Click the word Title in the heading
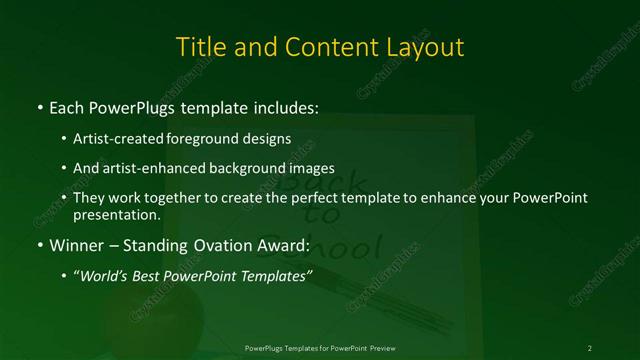click(200, 47)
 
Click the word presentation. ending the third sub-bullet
click(117, 214)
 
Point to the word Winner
click(77, 244)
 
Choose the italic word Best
click(152, 276)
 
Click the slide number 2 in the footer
click(590, 347)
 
